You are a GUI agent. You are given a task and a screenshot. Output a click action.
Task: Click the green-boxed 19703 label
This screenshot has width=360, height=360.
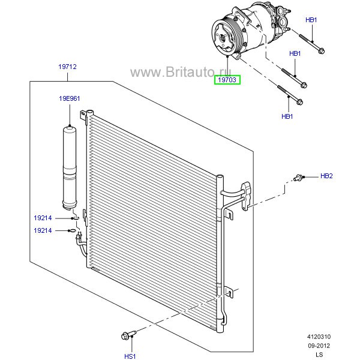[x=227, y=78]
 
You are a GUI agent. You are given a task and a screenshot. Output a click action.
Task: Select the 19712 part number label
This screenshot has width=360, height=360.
[x=67, y=68]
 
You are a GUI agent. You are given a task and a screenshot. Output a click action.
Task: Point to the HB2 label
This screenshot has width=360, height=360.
[x=326, y=176]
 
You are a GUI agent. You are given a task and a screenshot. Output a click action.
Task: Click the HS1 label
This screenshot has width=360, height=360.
[x=130, y=356]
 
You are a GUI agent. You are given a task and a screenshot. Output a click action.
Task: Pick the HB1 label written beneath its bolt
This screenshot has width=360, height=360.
[x=287, y=116]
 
